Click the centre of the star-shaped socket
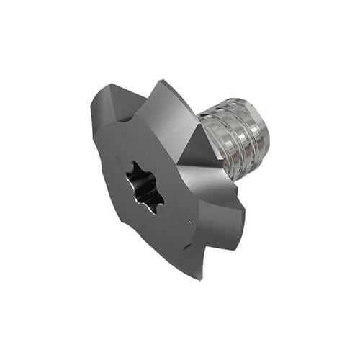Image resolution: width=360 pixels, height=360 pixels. click(144, 186)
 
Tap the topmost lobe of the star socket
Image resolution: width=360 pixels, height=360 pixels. click(136, 166)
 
